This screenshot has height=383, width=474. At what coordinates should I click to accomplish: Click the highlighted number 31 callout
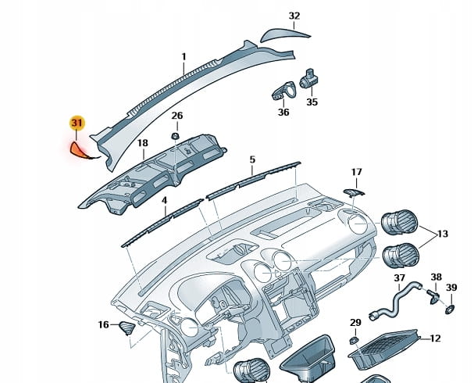pyautogui.click(x=77, y=123)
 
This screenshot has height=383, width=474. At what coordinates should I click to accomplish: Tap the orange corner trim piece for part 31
pyautogui.click(x=80, y=149)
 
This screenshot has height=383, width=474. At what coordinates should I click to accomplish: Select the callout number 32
pyautogui.click(x=294, y=16)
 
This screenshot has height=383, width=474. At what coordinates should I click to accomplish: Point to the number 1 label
pyautogui.click(x=184, y=56)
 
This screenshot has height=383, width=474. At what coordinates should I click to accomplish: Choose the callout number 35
pyautogui.click(x=312, y=102)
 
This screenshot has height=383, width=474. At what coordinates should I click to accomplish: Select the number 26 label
pyautogui.click(x=177, y=116)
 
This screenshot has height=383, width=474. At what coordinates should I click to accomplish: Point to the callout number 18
pyautogui.click(x=142, y=143)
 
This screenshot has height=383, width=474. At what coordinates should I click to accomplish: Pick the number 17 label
pyautogui.click(x=356, y=172)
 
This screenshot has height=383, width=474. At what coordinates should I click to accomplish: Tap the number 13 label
pyautogui.click(x=443, y=234)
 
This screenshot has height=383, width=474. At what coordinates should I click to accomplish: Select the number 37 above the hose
pyautogui.click(x=399, y=277)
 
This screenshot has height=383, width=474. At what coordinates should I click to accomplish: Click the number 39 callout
pyautogui.click(x=451, y=288)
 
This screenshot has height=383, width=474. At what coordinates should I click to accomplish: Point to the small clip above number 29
pyautogui.click(x=355, y=340)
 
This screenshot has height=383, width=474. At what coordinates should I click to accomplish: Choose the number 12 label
pyautogui.click(x=436, y=338)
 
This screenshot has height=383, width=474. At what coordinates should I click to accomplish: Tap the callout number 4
pyautogui.click(x=165, y=200)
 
